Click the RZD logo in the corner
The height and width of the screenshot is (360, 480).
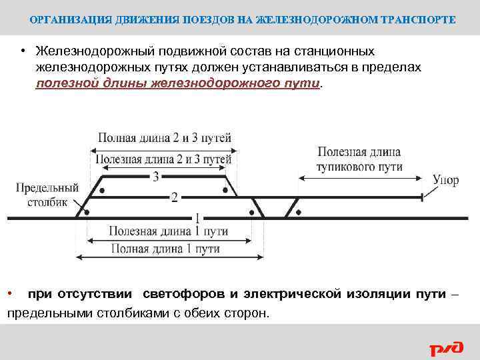(445, 347)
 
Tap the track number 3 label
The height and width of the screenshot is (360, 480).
(155, 177)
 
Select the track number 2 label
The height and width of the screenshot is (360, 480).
(174, 198)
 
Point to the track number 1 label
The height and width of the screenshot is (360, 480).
(197, 217)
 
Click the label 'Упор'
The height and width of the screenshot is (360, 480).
(445, 181)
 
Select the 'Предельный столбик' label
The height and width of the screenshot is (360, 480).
(47, 195)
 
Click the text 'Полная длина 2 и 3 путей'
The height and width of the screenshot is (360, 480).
(165, 138)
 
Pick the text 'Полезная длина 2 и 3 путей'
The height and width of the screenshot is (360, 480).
(164, 159)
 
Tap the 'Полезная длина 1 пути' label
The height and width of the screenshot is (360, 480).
(169, 231)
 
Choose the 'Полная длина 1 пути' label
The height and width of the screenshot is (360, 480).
(165, 249)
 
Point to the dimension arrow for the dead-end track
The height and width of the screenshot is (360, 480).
(360, 177)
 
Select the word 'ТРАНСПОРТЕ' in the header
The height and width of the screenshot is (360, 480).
(419, 20)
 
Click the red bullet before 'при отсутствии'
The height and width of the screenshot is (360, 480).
(10, 294)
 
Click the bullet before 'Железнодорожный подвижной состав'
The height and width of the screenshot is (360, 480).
(22, 52)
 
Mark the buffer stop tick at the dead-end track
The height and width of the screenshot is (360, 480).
(423, 197)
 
